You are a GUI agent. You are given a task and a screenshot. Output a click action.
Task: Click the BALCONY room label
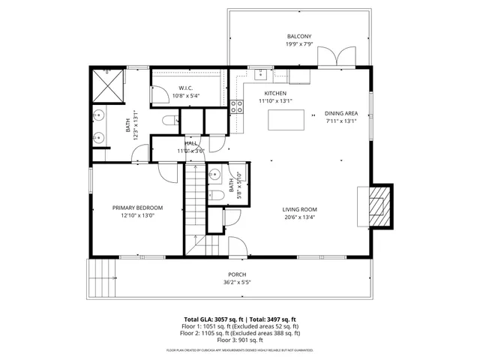coord(299,37)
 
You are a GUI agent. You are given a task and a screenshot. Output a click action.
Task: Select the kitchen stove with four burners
coord(236,106)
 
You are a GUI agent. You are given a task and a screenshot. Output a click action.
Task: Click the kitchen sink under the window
coord(260,73)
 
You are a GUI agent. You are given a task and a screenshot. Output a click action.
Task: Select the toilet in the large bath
coord(169,121)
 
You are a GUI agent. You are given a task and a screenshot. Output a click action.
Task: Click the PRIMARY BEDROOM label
coord(137,208)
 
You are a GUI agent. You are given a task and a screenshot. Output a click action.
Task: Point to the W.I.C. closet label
coord(187,88)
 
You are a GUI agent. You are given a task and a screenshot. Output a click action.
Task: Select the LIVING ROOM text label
coord(299,209)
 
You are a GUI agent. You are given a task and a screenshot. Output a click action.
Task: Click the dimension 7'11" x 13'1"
coord(340,121)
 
